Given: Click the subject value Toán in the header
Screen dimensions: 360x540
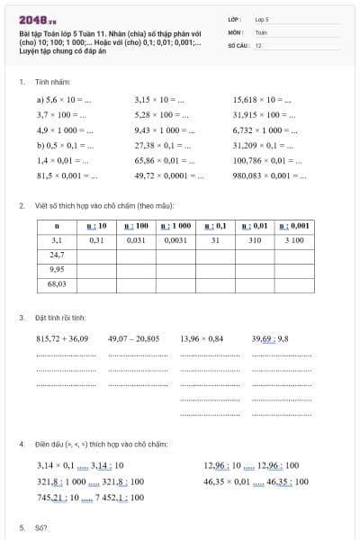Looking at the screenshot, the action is click(261, 31).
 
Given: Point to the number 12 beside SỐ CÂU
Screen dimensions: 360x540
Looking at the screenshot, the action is click(258, 44).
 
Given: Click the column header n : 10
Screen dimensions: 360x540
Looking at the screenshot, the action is click(97, 226).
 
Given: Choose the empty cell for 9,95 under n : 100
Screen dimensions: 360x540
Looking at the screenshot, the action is click(137, 269).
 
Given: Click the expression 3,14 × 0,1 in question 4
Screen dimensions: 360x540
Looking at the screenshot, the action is click(55, 465).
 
